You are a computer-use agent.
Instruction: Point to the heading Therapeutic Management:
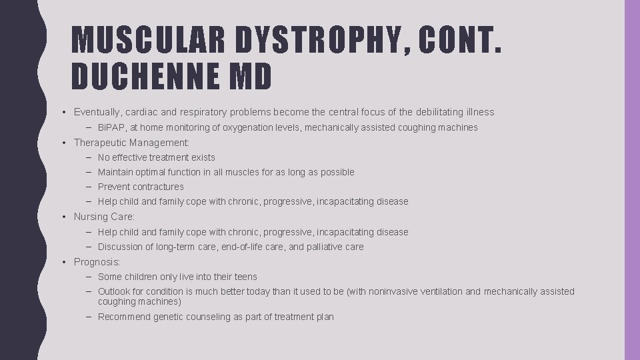[132, 143]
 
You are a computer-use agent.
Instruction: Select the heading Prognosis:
[97, 262]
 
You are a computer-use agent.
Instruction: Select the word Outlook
[115, 291]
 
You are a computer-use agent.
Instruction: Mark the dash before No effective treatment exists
[89, 157]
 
